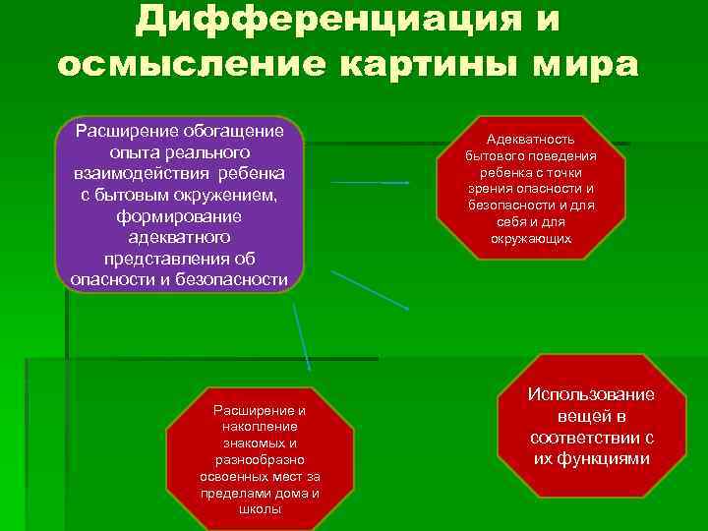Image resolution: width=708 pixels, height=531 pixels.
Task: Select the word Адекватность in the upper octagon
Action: click(x=531, y=141)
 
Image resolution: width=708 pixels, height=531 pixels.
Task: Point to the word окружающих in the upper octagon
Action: click(x=531, y=239)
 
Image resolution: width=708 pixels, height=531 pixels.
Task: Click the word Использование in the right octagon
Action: click(x=591, y=394)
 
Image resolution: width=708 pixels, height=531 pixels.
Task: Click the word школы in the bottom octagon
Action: click(x=260, y=509)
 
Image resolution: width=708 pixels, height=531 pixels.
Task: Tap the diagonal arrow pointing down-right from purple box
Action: click(x=370, y=290)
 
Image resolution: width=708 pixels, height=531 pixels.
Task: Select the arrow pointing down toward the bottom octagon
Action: click(x=302, y=334)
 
